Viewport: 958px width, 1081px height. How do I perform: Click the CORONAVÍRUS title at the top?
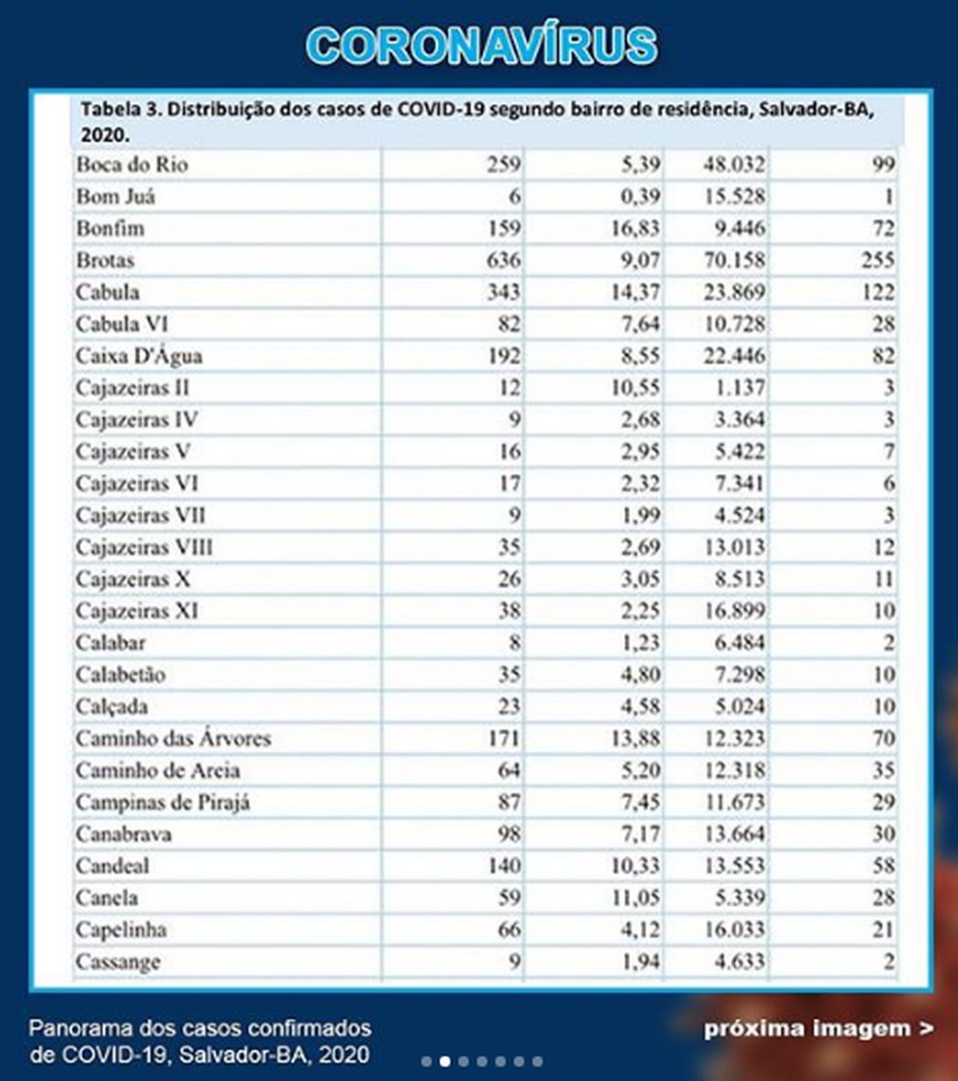tap(481, 46)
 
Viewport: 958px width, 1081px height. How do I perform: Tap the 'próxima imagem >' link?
tap(818, 1028)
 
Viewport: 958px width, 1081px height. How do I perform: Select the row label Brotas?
tap(105, 261)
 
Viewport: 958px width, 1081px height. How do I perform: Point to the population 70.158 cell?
tap(734, 261)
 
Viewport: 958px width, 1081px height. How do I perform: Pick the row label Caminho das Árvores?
tap(173, 739)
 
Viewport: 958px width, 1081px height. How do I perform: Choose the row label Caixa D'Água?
tap(139, 356)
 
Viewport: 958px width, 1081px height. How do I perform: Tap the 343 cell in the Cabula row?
tap(504, 293)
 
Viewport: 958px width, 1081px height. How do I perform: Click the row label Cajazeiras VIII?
tap(144, 547)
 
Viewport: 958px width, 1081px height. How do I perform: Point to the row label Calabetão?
tap(121, 674)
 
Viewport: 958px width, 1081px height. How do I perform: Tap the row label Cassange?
tap(118, 962)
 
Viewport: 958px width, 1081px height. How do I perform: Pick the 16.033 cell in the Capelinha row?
tap(734, 930)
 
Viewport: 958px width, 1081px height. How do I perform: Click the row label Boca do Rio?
tap(131, 164)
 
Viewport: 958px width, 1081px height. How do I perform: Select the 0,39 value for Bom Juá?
tap(639, 197)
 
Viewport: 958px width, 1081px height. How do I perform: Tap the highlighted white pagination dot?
tap(444, 1062)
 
